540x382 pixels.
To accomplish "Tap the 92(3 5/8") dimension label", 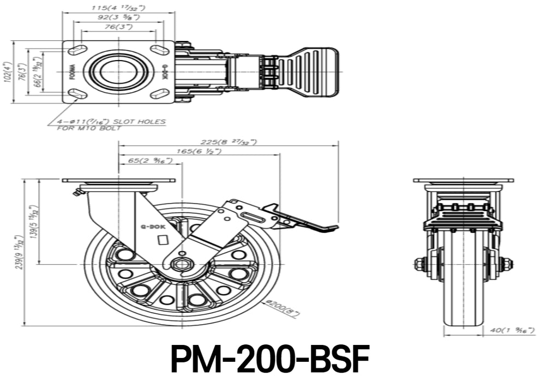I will click(118, 17).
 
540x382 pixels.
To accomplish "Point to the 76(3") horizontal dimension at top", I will click(118, 27).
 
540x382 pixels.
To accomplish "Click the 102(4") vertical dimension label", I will click(8, 71).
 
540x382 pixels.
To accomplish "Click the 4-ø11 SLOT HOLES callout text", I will click(111, 122).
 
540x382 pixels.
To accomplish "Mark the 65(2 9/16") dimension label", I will click(149, 160).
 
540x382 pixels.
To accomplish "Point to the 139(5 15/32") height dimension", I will click(34, 223).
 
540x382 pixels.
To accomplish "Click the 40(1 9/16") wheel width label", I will click(512, 330).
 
